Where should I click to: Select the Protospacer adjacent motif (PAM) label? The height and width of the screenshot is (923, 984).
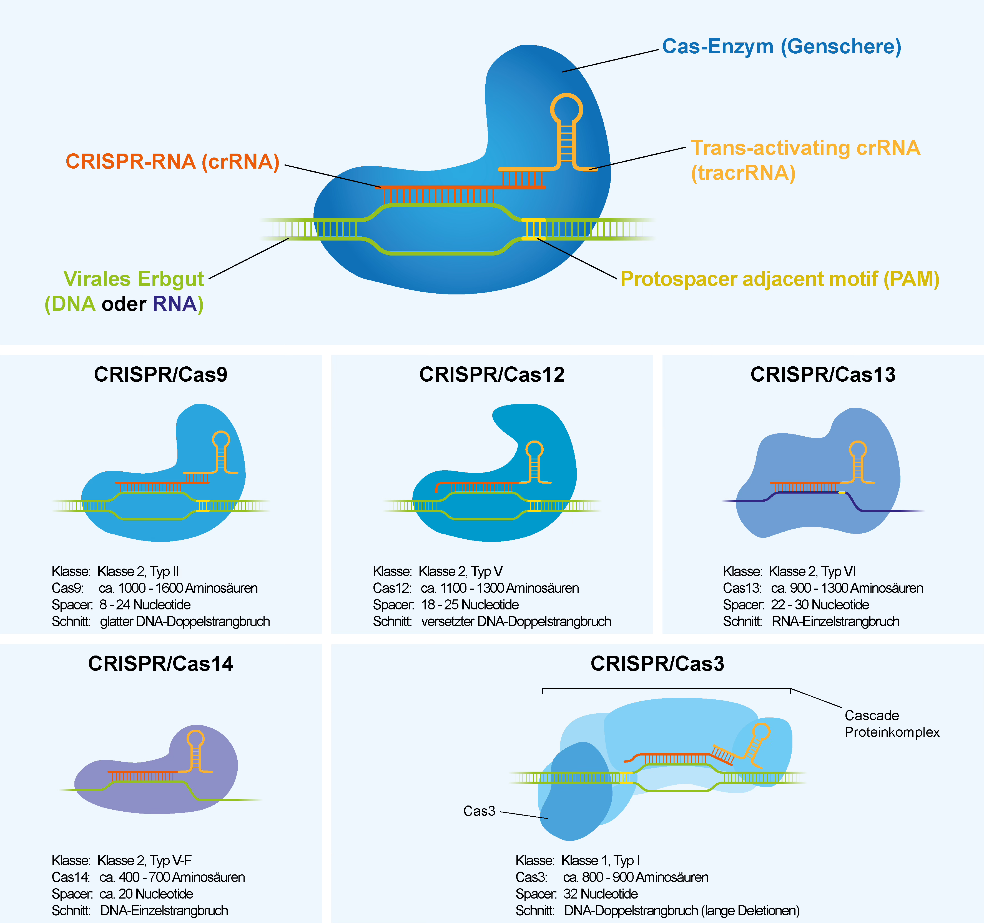[x=780, y=279]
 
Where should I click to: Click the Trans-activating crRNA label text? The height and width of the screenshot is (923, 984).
[x=805, y=148]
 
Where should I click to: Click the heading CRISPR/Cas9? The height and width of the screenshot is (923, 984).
[x=160, y=374]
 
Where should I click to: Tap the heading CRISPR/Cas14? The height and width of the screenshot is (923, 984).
[x=160, y=664]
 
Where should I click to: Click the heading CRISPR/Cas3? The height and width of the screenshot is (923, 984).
[x=657, y=664]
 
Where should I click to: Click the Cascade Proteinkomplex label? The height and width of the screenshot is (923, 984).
[x=892, y=724]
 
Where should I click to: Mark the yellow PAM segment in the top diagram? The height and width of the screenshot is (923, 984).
[x=534, y=229]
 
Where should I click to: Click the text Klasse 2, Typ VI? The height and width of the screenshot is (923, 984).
[x=812, y=571]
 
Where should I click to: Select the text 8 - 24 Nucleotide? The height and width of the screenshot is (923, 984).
[x=145, y=605]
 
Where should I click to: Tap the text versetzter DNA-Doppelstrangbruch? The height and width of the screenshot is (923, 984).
[x=516, y=621]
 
